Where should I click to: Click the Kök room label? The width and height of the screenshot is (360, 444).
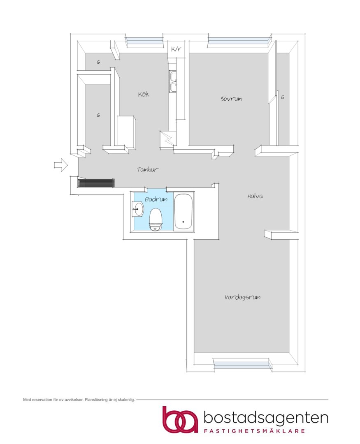pyautogui.click(x=144, y=94)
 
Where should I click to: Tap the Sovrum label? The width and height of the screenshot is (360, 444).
pyautogui.click(x=231, y=99)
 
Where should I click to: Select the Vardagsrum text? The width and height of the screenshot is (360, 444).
pyautogui.click(x=242, y=297)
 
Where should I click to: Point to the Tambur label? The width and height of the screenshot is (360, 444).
pyautogui.click(x=148, y=169)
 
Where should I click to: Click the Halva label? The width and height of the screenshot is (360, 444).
pyautogui.click(x=255, y=196)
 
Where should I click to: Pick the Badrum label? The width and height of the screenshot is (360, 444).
pyautogui.click(x=156, y=199)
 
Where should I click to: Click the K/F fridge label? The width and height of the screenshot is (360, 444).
pyautogui.click(x=176, y=49)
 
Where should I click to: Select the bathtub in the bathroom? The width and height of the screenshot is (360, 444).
pyautogui.click(x=183, y=212)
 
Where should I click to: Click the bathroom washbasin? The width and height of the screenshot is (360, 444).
pyautogui.click(x=138, y=210)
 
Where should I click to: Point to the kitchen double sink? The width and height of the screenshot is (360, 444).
pyautogui.click(x=173, y=81)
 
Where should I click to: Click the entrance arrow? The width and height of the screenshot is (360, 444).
pyautogui.click(x=61, y=164)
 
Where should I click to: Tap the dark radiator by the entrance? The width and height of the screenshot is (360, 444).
pyautogui.click(x=96, y=183)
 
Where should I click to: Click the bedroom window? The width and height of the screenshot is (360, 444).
pyautogui.click(x=238, y=42)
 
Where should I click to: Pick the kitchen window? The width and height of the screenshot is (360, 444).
pyautogui.click(x=144, y=42)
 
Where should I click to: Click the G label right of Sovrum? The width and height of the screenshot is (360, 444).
pyautogui.click(x=283, y=97)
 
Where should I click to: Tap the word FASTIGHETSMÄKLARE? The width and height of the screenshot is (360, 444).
pyautogui.click(x=254, y=431)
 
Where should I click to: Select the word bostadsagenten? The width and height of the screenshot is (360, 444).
pyautogui.click(x=266, y=418)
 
